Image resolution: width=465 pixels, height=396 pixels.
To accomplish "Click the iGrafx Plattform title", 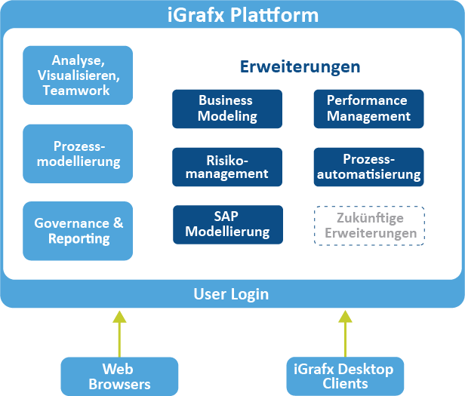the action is (x=243, y=15).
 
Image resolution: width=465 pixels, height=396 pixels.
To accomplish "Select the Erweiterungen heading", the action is (x=300, y=67).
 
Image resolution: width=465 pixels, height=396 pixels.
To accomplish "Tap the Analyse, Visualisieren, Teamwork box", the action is (x=78, y=75).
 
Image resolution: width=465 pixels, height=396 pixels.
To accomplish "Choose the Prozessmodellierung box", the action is (x=78, y=154).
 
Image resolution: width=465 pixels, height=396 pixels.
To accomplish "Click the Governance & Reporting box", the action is (x=78, y=231).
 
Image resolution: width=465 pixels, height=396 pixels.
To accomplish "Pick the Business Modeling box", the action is (x=227, y=109).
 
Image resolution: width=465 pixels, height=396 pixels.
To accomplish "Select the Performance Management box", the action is (x=368, y=109).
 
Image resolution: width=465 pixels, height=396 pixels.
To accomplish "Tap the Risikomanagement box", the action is (x=227, y=167).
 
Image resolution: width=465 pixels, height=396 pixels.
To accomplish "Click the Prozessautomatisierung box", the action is (x=368, y=167).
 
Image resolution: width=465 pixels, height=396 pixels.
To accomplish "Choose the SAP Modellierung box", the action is (x=228, y=225).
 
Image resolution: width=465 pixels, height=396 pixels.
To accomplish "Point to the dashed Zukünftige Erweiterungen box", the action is (x=369, y=226).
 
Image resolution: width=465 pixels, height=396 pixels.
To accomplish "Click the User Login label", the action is (x=231, y=294).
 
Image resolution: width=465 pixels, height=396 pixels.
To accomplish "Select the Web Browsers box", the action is (x=119, y=376).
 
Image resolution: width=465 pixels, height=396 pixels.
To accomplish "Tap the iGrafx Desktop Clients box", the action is (x=345, y=376).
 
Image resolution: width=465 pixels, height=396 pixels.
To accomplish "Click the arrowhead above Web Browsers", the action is (x=119, y=317).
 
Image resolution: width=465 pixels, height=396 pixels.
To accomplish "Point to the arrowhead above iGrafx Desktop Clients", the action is (x=345, y=316).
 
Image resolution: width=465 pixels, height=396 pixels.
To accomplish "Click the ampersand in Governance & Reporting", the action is (x=118, y=223).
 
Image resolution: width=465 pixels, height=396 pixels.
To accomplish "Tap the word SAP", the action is (x=226, y=216).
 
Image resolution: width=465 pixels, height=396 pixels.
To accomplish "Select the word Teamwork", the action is (x=76, y=91).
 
